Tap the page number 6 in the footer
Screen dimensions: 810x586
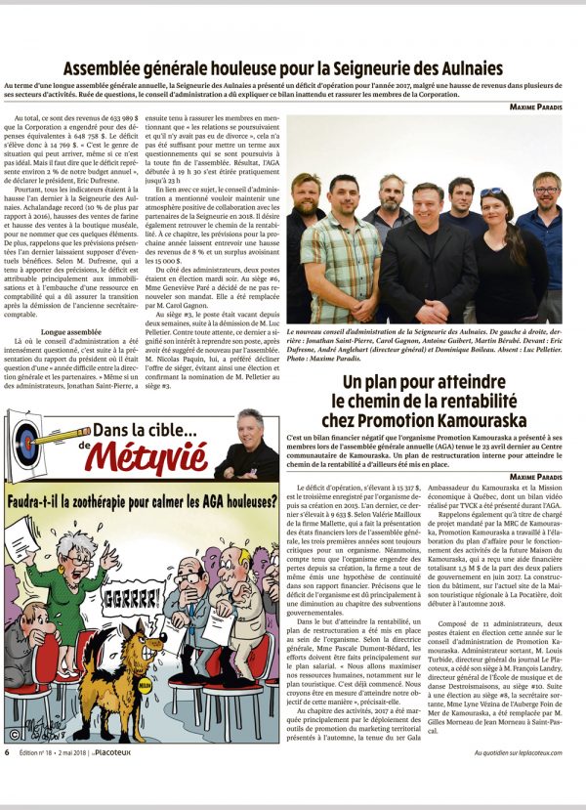click(x=8, y=780)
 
